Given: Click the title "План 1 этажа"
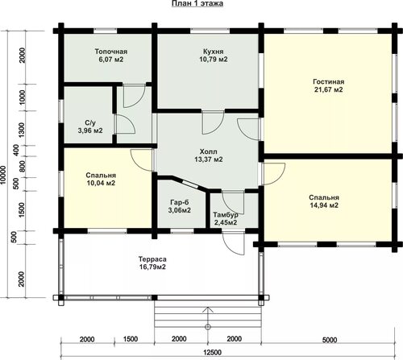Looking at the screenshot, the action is (197, 3).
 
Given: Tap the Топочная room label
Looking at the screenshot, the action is (111, 52).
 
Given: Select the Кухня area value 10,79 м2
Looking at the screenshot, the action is (214, 59).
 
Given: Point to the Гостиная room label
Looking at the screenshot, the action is (329, 81).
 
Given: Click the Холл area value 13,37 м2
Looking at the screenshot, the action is (209, 159).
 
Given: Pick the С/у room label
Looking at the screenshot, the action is (90, 123).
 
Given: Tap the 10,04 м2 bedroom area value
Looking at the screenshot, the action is (101, 183).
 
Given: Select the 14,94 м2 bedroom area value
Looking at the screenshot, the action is (324, 205).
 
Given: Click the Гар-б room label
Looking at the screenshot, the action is (180, 202).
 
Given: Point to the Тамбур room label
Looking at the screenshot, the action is (226, 215).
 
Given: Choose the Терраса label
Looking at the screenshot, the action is (152, 259).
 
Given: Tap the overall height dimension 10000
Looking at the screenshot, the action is (3, 175).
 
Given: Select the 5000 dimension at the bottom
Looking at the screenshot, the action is (330, 340).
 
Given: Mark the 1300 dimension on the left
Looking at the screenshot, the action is (22, 130).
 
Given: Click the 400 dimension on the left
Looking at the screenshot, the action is (16, 150).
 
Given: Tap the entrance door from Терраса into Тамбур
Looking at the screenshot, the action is (233, 244).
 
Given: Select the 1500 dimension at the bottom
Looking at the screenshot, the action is (131, 339).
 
